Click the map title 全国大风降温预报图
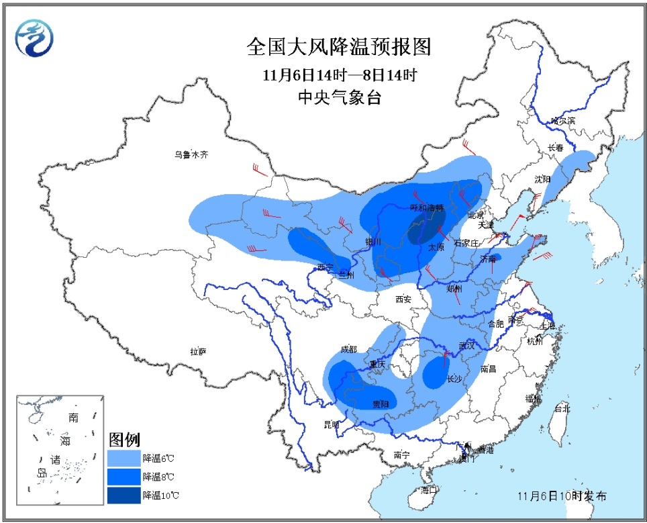(x=338, y=48)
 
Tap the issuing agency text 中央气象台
(x=339, y=98)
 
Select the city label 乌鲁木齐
(x=191, y=154)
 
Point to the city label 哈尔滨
(x=562, y=121)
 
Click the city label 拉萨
(x=198, y=352)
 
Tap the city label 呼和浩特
(x=428, y=208)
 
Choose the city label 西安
(x=403, y=299)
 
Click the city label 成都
(x=348, y=349)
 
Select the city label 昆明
(x=332, y=424)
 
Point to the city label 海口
(x=430, y=490)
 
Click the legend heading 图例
(x=124, y=440)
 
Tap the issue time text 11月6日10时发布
(x=562, y=497)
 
